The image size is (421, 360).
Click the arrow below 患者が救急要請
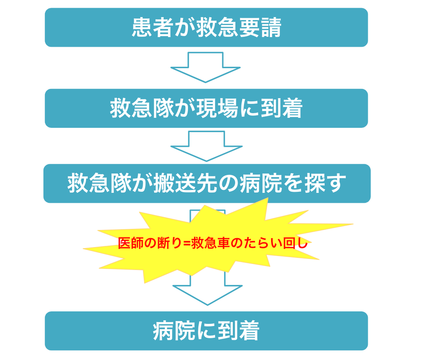pyautogui.click(x=206, y=68)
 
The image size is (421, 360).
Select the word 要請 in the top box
pyautogui.click(x=260, y=28)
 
